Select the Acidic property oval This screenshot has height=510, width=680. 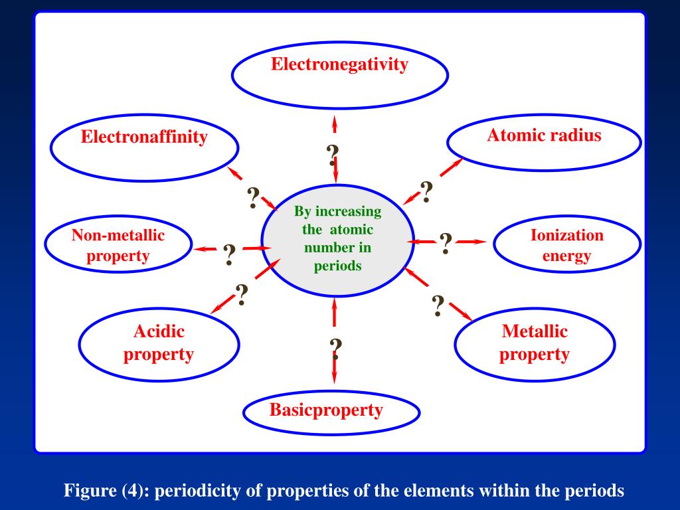(x=159, y=344)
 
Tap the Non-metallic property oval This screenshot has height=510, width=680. (x=118, y=246)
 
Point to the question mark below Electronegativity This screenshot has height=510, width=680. (x=333, y=156)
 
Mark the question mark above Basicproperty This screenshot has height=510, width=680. (x=336, y=348)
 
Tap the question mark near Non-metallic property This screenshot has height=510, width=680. (x=230, y=254)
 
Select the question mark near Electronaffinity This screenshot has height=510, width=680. (x=253, y=198)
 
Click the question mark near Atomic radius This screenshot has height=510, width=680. (x=426, y=192)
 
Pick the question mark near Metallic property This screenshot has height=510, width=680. (x=438, y=305)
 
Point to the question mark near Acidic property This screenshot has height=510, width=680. (x=242, y=294)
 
